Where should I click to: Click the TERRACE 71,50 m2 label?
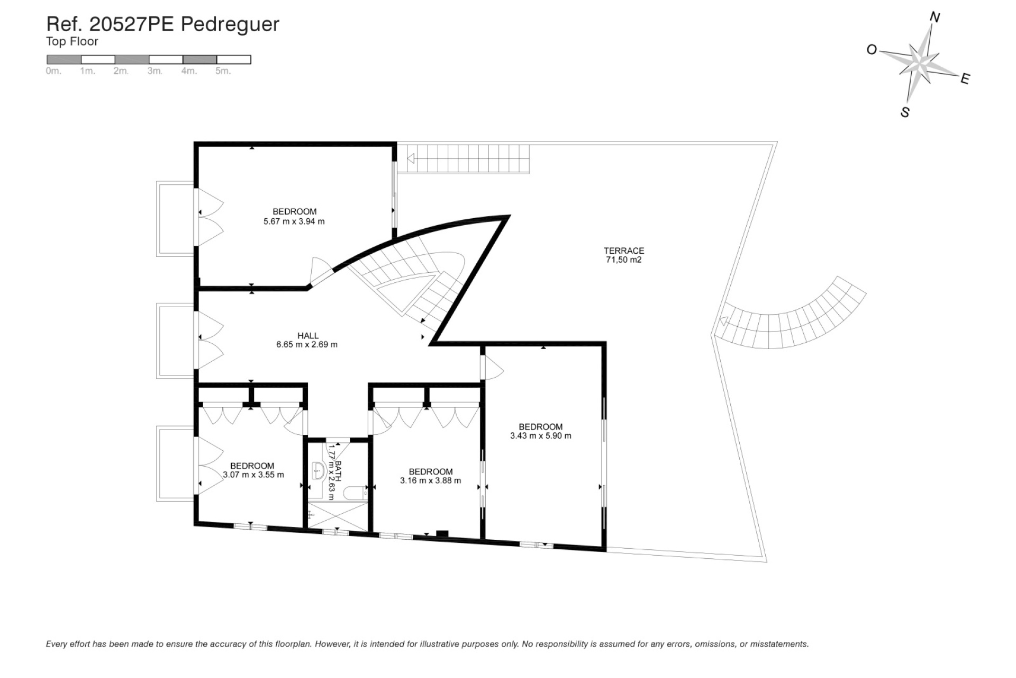click(623, 255)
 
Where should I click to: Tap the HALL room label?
click(307, 335)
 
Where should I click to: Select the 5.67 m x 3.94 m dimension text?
click(294, 221)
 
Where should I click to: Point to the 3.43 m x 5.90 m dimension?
click(540, 436)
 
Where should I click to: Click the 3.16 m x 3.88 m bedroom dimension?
click(430, 481)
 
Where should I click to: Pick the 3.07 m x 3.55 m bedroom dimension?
click(253, 475)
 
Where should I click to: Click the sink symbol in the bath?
click(318, 470)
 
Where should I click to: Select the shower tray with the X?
click(338, 516)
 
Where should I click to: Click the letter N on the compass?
click(935, 18)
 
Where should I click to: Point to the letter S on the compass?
click(905, 112)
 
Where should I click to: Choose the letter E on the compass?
click(965, 79)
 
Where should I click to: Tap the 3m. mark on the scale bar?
click(155, 71)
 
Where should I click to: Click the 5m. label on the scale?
click(223, 71)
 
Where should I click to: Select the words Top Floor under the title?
click(72, 41)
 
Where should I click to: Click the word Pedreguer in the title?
click(230, 24)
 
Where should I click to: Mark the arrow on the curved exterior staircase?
click(723, 321)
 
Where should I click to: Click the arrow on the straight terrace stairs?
click(410, 158)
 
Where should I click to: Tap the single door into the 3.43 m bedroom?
click(492, 367)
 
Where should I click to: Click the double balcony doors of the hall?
click(210, 340)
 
